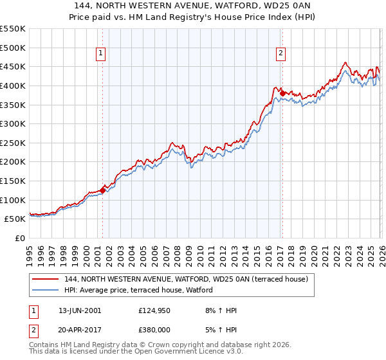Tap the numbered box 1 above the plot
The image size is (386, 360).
point(102,53)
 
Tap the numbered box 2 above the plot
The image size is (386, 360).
point(281,53)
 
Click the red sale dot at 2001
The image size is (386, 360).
point(102,190)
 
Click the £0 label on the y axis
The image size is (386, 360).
point(19,238)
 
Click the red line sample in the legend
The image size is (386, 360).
point(46,279)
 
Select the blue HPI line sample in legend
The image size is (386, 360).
point(46,290)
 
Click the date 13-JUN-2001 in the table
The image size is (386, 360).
point(80,310)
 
